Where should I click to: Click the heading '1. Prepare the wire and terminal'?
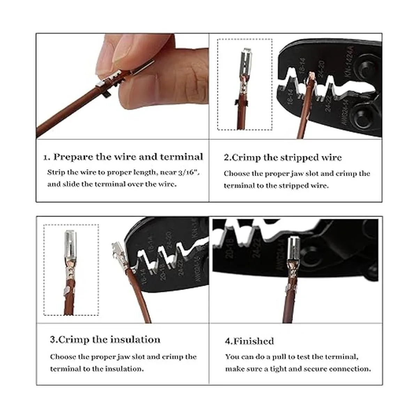(123, 157)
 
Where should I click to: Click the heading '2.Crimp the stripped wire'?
(282, 157)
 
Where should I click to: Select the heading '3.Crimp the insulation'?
(105, 340)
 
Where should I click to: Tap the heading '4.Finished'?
(249, 341)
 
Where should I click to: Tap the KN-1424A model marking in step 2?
(349, 61)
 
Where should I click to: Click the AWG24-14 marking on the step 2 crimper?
(346, 112)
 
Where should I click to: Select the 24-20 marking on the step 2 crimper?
(322, 69)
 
